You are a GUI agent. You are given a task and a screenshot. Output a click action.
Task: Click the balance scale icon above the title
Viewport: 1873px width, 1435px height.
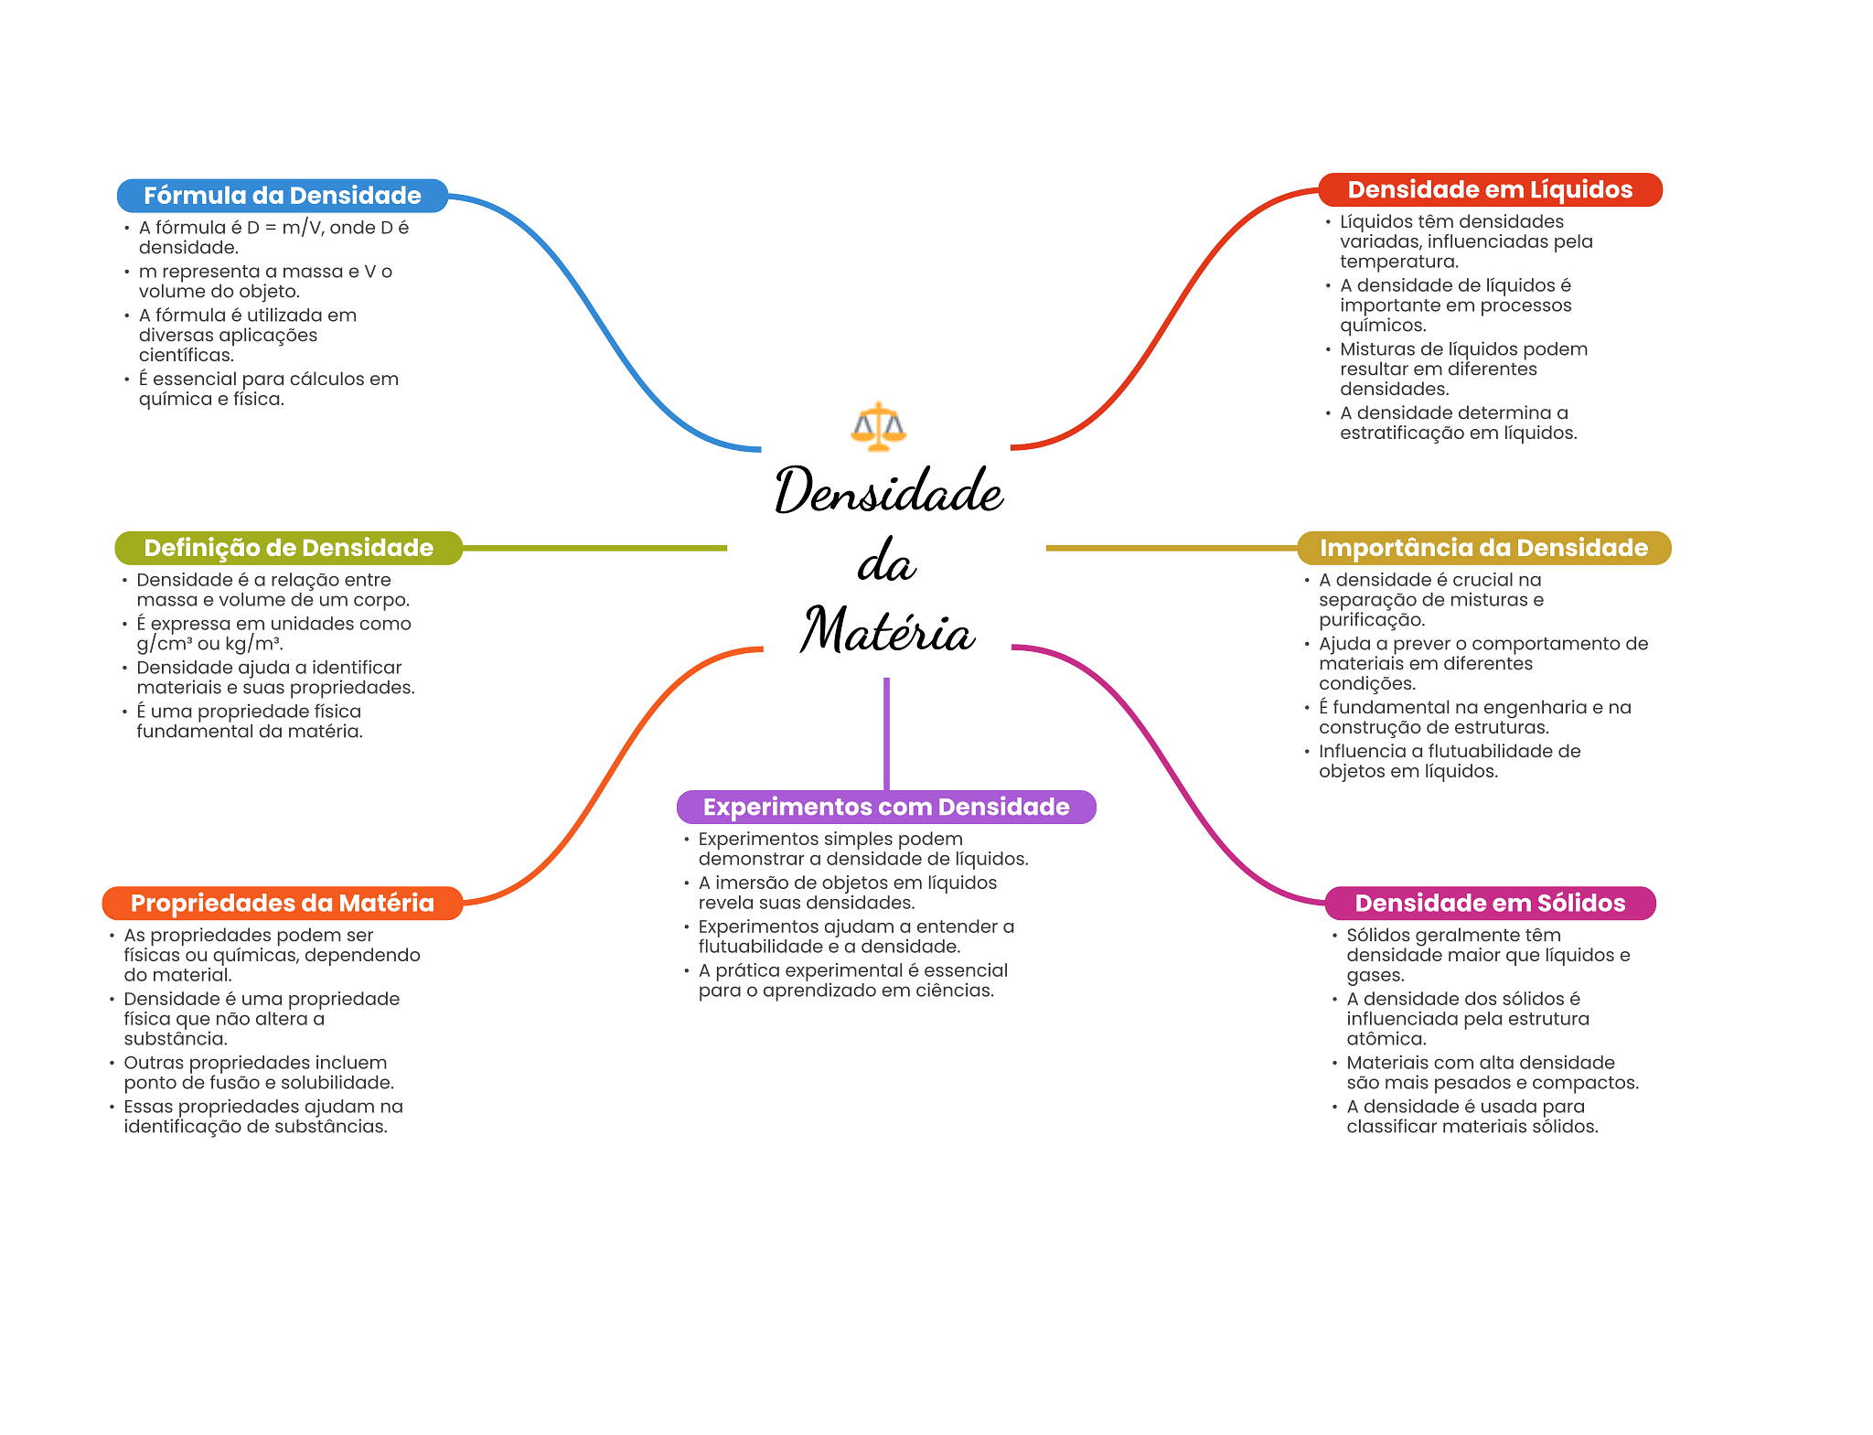pos(878,426)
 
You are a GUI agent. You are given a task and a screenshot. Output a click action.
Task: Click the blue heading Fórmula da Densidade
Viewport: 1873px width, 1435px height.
pos(282,196)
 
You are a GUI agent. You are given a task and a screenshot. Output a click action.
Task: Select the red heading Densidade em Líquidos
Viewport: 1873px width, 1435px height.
pos(1490,189)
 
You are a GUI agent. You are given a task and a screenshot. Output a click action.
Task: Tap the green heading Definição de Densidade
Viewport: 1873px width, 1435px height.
pos(288,548)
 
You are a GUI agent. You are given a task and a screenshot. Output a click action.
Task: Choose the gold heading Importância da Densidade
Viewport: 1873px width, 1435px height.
pos(1483,548)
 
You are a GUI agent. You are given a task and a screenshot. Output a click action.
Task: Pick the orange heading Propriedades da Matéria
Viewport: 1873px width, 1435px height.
pos(282,903)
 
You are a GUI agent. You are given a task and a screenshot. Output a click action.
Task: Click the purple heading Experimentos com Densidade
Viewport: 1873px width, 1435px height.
pos(885,807)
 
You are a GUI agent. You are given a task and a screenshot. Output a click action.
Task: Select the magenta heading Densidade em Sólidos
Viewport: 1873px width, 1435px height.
pos(1490,903)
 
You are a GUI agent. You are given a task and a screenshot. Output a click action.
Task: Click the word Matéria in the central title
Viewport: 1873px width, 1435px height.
pos(887,631)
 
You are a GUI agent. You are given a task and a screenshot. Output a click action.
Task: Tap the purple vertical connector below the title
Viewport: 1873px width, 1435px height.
pos(886,732)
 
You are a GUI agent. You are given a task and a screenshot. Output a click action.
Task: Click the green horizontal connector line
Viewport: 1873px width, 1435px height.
pos(594,548)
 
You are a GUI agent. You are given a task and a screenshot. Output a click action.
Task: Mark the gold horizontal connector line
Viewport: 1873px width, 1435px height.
pos(1171,548)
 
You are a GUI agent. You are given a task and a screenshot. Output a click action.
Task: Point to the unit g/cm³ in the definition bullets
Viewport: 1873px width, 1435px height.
pos(165,644)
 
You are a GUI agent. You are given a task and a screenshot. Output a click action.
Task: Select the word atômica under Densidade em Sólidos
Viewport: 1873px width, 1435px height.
pos(1386,1039)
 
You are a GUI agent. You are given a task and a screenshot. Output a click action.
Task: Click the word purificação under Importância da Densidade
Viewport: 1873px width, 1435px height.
pos(1371,620)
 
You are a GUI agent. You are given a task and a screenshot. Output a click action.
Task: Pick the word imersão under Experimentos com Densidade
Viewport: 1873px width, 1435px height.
pos(751,883)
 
